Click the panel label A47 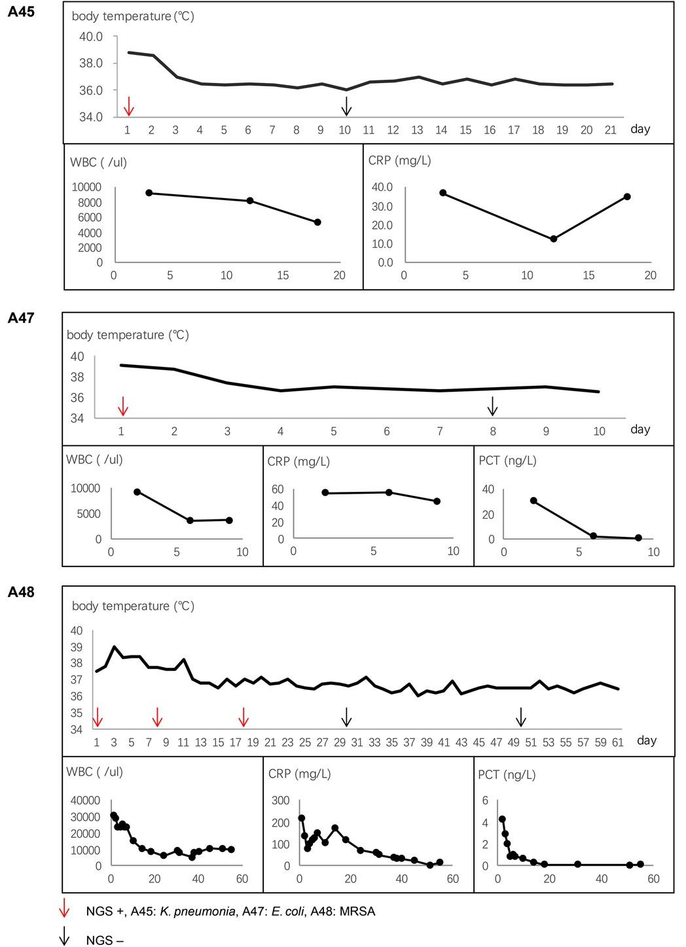tap(20, 319)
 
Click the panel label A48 tap(20, 593)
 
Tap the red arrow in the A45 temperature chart tap(129, 106)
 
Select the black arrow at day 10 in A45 tap(347, 106)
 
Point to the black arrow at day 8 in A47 tap(493, 406)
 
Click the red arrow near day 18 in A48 tap(244, 717)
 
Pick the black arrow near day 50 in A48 tap(520, 717)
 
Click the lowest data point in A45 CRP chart tap(553, 239)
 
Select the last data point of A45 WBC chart tap(317, 222)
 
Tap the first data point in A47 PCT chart tap(533, 500)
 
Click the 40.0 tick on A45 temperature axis tap(91, 37)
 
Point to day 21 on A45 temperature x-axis tap(610, 130)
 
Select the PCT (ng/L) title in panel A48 tap(507, 775)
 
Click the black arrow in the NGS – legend tap(64, 938)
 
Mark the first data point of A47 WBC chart tap(137, 492)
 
